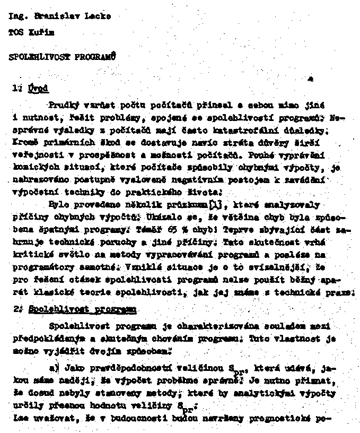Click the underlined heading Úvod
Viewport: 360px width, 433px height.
39,88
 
